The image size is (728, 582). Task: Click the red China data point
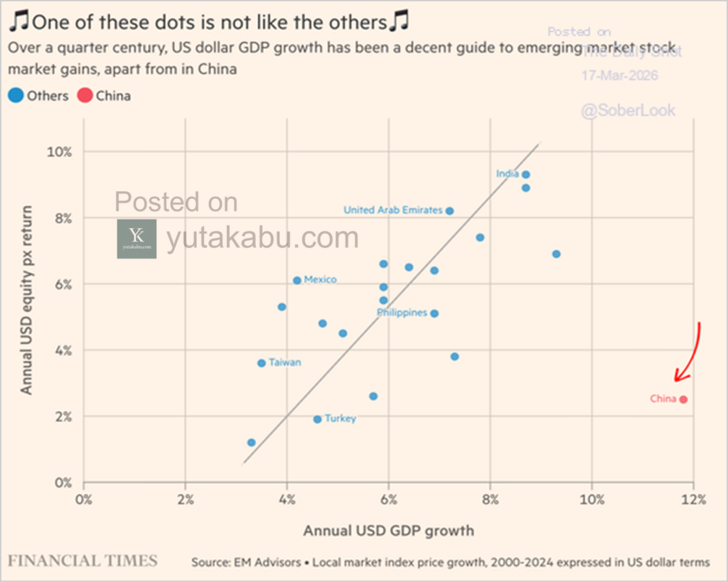[x=683, y=399]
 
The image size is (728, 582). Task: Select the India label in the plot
[x=507, y=174]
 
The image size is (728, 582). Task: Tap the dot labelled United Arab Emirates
[x=449, y=211]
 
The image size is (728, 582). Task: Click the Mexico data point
[x=297, y=280]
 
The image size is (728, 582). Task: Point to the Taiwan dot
[x=262, y=363]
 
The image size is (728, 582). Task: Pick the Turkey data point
[x=317, y=419]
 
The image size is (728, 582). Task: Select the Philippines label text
[x=402, y=313]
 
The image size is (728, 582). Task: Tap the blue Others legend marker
[x=16, y=95]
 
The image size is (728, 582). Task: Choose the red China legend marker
[x=85, y=95]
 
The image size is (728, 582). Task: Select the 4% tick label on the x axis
[x=287, y=499]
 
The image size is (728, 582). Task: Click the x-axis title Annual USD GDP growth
[x=388, y=530]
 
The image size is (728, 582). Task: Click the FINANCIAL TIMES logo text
[x=83, y=561]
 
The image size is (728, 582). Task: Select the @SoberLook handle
[x=628, y=111]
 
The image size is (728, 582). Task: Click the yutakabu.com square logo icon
[x=136, y=239]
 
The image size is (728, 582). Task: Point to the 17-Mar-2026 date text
[x=620, y=75]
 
